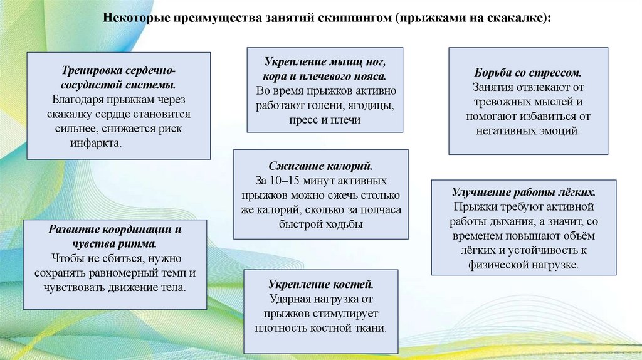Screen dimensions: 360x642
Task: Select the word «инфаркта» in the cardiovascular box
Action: point(95,143)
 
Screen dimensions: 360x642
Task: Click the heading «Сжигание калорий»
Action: point(320,166)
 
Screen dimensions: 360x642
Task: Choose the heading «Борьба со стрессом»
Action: point(528,73)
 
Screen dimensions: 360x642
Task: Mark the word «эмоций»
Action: point(556,131)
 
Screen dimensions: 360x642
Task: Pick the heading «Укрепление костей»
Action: point(320,284)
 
